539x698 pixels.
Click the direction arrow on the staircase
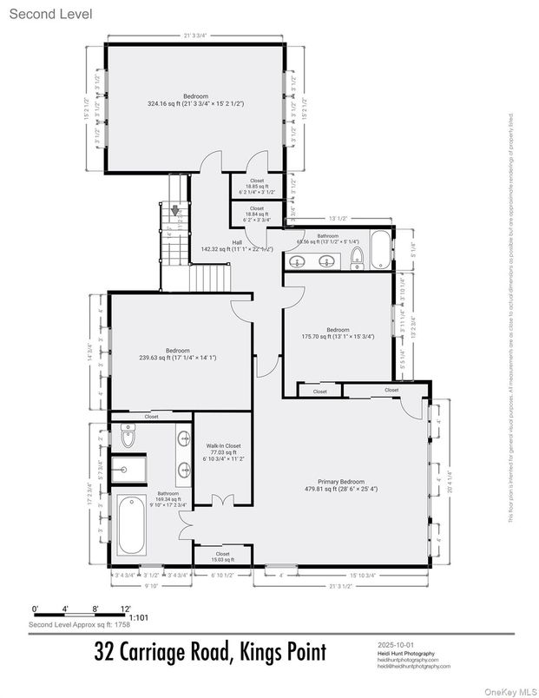pos(176,210)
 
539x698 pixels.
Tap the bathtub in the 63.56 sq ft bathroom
pos(382,251)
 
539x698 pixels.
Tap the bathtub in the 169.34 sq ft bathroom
pos(131,523)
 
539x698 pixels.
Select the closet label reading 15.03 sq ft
pos(222,556)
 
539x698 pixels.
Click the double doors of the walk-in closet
pos(222,500)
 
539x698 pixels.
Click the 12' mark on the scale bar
pos(126,608)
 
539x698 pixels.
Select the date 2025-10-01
pos(397,645)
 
